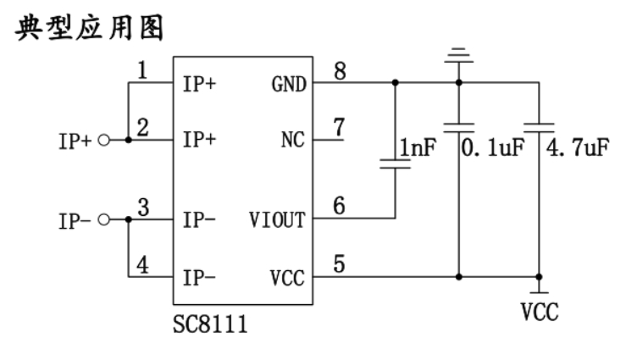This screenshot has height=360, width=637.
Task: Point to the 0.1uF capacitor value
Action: tap(492, 149)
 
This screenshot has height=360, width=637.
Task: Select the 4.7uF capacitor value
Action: tap(579, 149)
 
